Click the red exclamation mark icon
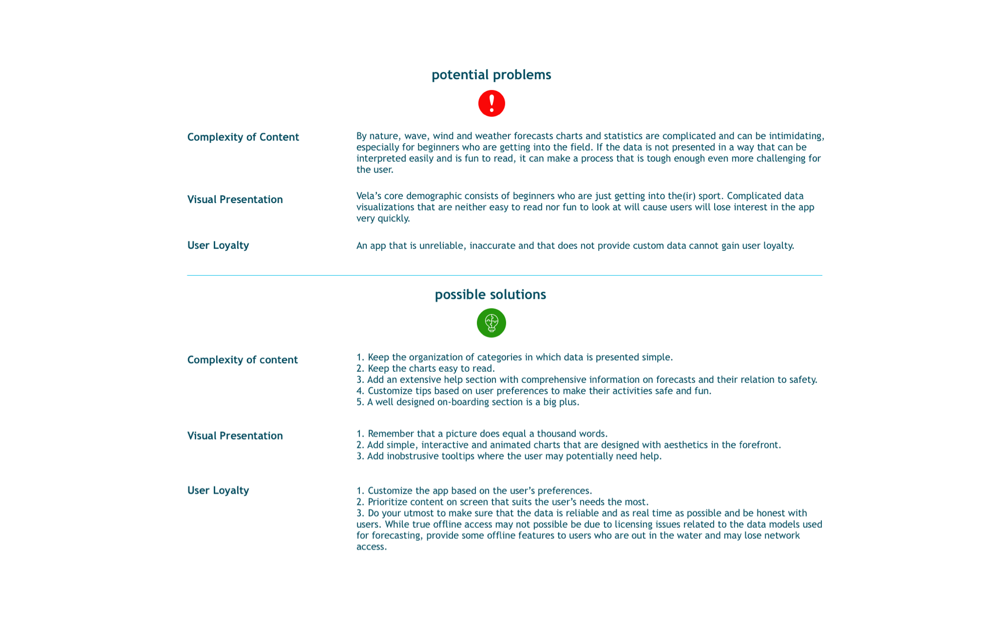[x=491, y=104]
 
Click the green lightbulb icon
[x=491, y=323]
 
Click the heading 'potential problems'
[x=491, y=75]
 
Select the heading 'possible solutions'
[x=490, y=295]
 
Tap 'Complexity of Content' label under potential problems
[x=243, y=137]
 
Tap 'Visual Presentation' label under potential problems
[x=235, y=200]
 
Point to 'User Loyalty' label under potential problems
[x=218, y=245]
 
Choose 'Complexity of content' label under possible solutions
[x=242, y=360]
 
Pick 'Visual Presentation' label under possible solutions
[x=235, y=436]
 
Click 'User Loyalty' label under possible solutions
[x=218, y=490]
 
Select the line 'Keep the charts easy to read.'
[x=431, y=369]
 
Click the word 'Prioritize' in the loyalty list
[x=388, y=502]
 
